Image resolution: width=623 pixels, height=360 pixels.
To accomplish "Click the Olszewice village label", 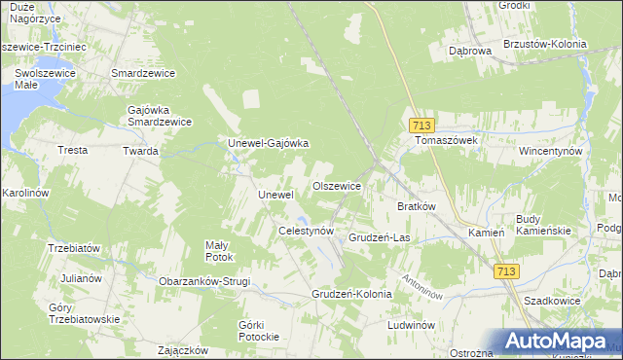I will [336, 185].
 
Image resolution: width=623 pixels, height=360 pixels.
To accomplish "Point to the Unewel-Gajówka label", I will [268, 143].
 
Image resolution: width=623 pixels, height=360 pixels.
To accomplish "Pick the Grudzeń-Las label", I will [379, 236].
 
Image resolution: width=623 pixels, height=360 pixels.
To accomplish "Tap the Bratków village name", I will [416, 206].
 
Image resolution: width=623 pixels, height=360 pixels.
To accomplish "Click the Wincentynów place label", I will [550, 152].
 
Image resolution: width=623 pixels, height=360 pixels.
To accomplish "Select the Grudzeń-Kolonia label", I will [351, 293].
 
